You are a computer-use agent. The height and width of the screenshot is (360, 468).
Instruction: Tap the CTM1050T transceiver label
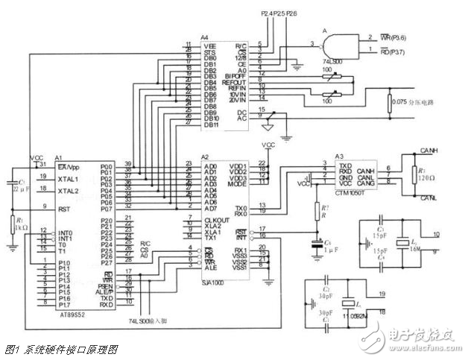tap(354, 192)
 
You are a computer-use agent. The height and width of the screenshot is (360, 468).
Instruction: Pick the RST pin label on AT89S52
tap(64, 210)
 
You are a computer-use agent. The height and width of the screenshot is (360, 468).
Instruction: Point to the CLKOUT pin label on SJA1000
tap(196, 220)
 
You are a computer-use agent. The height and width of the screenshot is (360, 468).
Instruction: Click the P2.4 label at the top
tap(268, 14)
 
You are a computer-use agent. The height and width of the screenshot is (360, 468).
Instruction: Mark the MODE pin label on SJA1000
tap(237, 184)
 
